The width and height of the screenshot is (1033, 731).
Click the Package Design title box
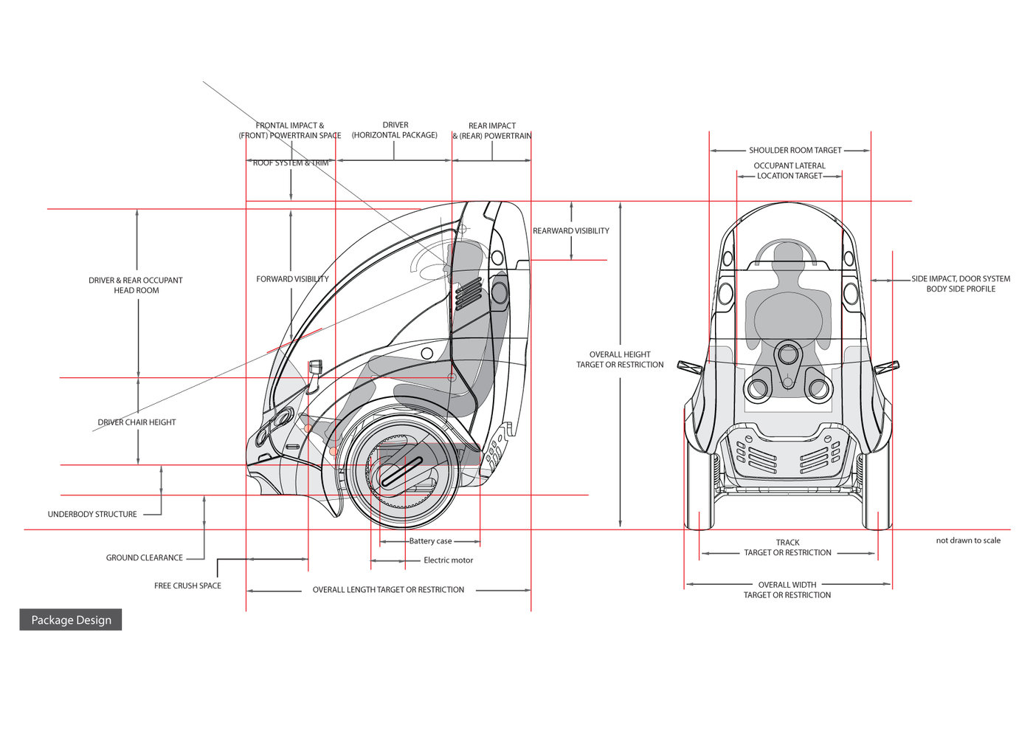click(71, 620)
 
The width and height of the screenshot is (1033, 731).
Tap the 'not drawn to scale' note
click(968, 540)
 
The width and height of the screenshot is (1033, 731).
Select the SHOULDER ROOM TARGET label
click(795, 151)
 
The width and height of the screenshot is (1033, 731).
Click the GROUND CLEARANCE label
click(145, 558)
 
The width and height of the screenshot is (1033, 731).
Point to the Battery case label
click(430, 541)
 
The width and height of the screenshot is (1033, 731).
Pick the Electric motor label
click(448, 560)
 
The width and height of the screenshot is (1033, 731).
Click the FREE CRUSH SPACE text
click(187, 586)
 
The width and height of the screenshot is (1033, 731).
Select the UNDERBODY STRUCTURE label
click(92, 515)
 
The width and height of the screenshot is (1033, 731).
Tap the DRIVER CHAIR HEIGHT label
click(137, 422)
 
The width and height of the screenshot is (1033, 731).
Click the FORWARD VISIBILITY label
click(292, 279)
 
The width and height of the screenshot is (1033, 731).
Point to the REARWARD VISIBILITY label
click(571, 231)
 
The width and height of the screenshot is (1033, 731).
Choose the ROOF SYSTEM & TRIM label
click(291, 163)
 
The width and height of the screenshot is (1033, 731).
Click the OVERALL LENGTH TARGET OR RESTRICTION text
click(388, 590)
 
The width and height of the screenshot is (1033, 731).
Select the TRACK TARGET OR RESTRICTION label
click(787, 548)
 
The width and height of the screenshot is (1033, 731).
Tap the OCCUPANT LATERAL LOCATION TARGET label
click(789, 171)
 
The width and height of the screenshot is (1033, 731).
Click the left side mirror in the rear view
click(690, 367)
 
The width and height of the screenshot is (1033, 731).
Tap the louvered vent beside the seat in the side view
click(468, 294)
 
